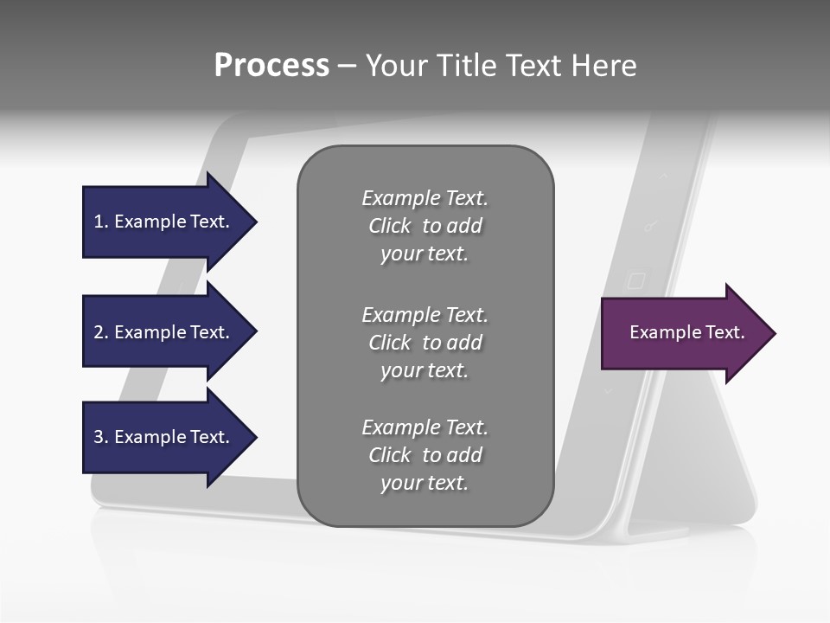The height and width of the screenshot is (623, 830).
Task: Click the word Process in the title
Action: click(271, 66)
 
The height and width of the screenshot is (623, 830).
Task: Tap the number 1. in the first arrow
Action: click(101, 222)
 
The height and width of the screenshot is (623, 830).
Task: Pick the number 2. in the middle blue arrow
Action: click(101, 332)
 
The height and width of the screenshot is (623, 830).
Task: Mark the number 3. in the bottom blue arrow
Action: click(101, 437)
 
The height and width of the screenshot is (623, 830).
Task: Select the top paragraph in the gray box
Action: click(425, 226)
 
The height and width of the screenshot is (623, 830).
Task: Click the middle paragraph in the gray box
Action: click(425, 343)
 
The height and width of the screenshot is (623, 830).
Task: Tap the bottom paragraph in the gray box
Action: click(425, 455)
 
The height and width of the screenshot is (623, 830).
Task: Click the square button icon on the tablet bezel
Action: click(635, 280)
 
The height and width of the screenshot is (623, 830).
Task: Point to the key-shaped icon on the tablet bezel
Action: click(650, 227)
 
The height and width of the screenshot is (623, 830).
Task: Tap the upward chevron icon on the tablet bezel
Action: click(664, 176)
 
